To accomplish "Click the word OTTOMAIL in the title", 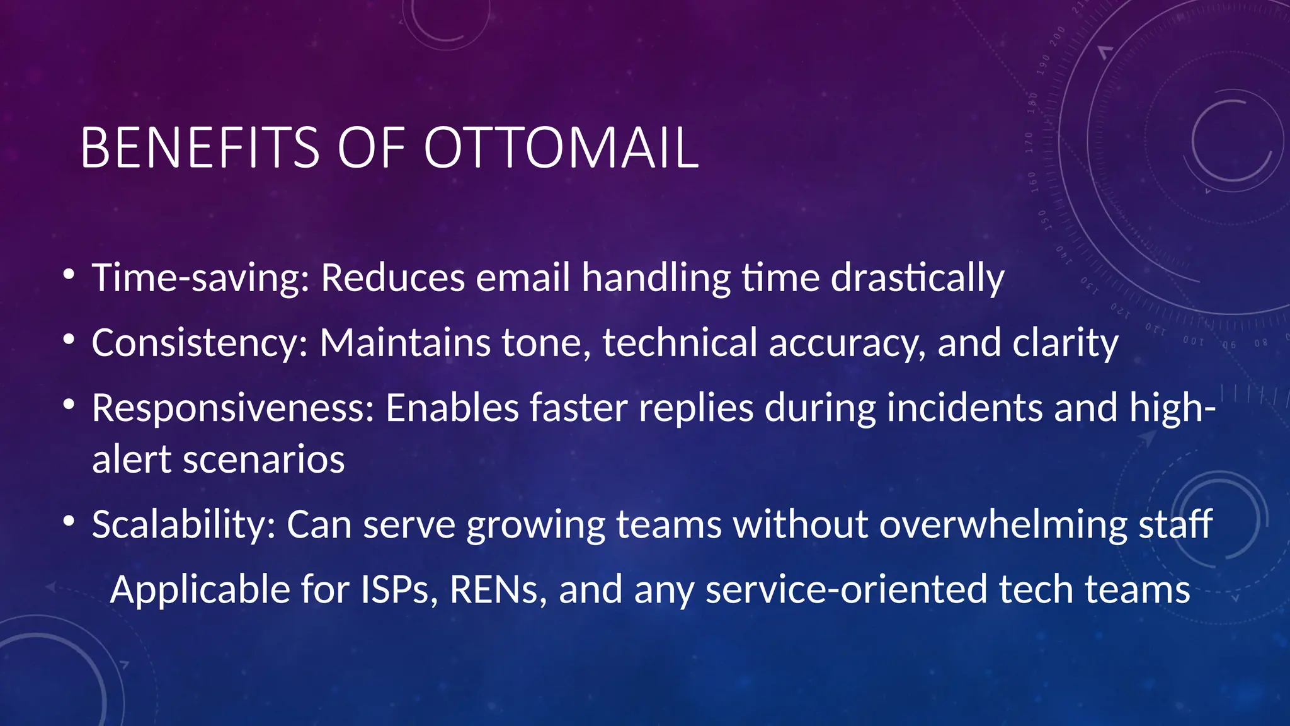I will point(561,148).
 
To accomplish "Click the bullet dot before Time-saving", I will point(69,275).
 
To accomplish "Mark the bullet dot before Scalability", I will point(69,521).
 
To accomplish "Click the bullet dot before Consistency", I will point(69,340).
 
